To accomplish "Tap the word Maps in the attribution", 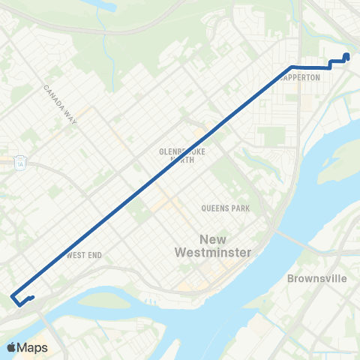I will [x=33, y=347].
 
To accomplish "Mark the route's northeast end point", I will [x=346, y=55].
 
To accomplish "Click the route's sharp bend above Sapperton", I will [x=290, y=67].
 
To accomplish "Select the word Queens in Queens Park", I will [x=211, y=207].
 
